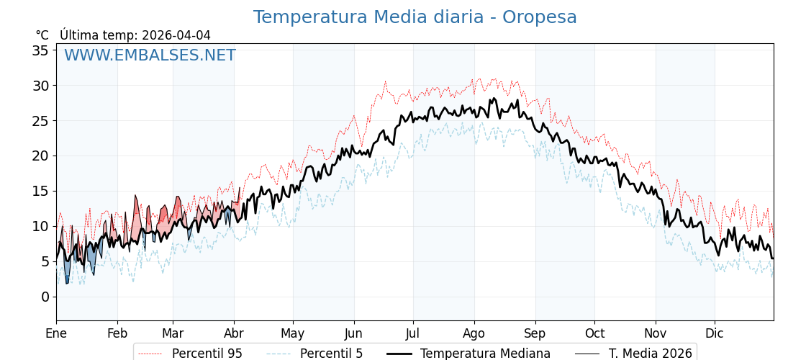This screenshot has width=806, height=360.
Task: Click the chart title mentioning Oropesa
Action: tap(415, 17)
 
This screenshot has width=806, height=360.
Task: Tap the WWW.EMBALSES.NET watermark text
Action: tap(150, 55)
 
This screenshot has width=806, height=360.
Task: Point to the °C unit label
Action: tap(42, 35)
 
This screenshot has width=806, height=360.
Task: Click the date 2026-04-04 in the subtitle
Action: tap(176, 35)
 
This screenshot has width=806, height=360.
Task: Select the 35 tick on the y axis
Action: tap(40, 50)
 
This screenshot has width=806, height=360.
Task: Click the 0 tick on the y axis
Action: tap(45, 297)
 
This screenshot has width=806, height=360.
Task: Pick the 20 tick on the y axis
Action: tap(40, 156)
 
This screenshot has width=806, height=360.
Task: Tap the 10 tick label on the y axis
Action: tap(40, 226)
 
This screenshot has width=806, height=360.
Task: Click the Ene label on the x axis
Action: tap(56, 334)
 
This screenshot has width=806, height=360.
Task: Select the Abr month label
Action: tap(234, 334)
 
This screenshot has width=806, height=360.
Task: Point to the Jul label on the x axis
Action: tap(413, 334)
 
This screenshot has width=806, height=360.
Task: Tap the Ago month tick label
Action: tap(474, 334)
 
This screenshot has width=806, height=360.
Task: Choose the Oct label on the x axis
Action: tap(594, 334)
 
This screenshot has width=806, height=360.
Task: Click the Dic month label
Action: tap(715, 334)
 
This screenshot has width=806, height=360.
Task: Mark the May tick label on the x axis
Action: tap(293, 334)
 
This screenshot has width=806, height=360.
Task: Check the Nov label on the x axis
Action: tap(656, 334)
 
